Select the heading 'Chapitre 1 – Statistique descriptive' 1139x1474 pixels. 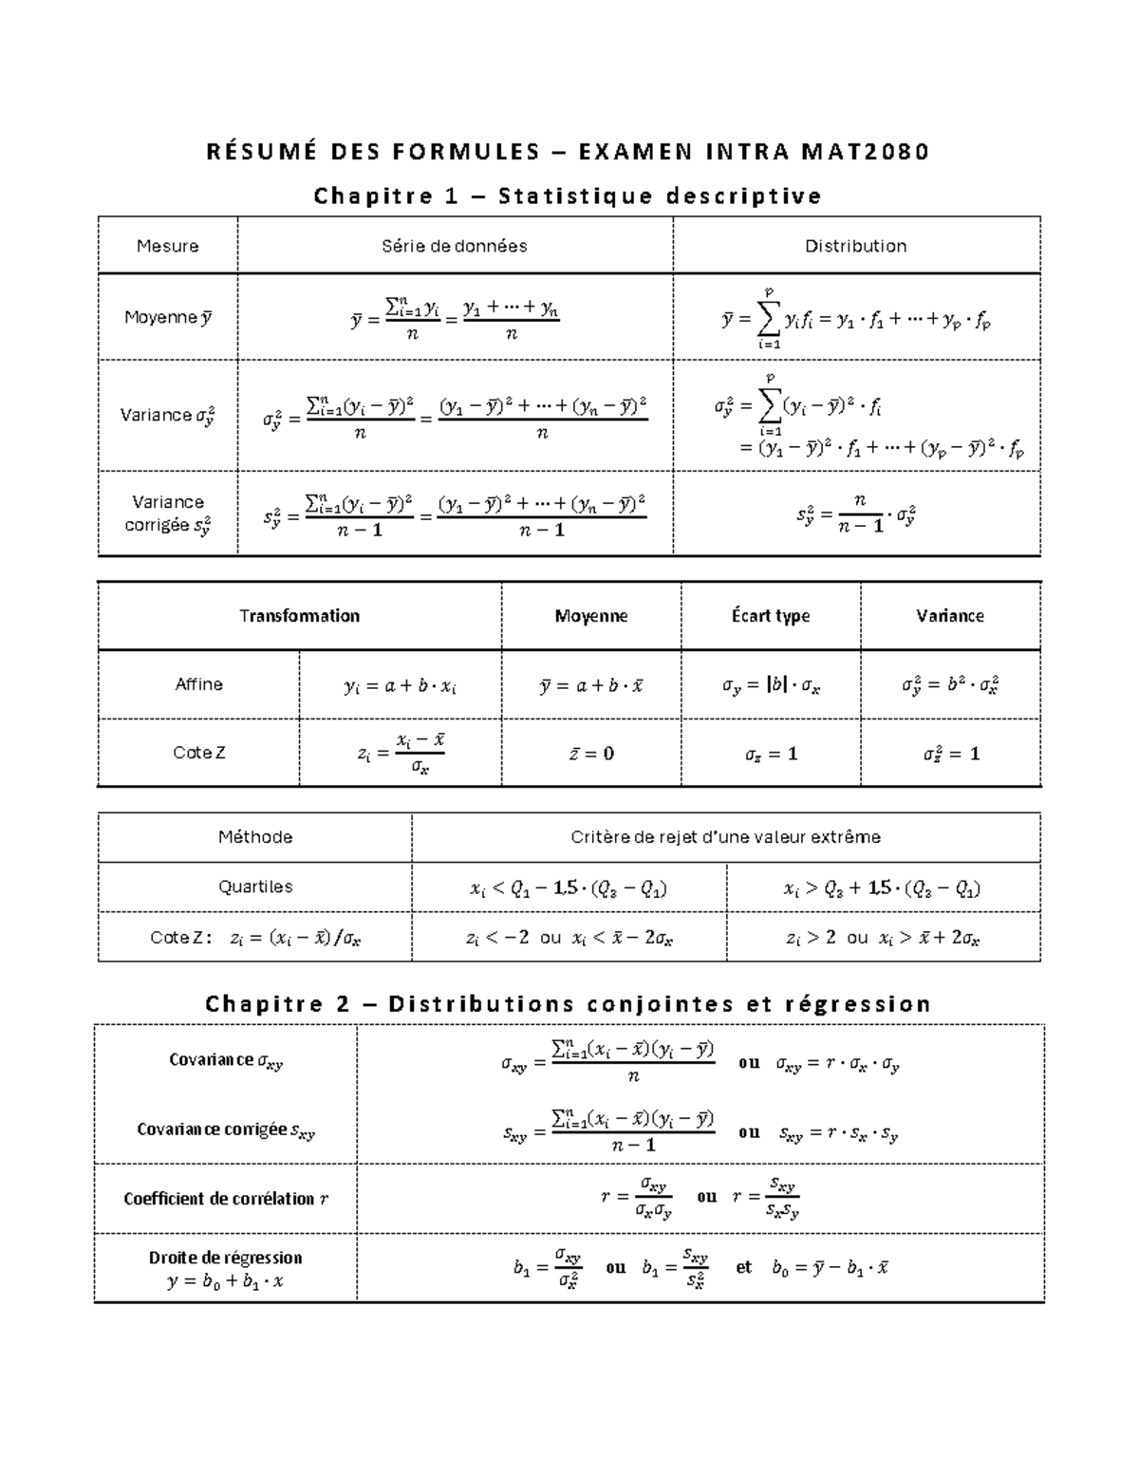coord(568,196)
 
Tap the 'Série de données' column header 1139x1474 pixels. coord(455,246)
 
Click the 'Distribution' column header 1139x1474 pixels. coord(855,246)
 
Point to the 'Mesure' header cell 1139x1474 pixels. coord(168,246)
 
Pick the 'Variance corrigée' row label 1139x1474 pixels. coord(168,513)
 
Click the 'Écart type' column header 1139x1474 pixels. coord(771,616)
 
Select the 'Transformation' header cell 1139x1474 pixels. coord(299,616)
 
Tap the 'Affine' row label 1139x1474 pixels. coord(198,684)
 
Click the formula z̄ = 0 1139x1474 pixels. coord(590,754)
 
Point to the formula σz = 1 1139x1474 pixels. coord(771,754)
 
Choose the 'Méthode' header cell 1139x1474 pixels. coord(255,837)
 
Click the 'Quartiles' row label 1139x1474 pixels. coord(255,886)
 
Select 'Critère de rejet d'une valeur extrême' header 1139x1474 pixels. coord(725,837)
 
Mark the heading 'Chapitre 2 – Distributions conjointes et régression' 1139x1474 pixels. coord(568,1004)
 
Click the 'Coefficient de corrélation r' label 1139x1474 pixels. coord(226,1199)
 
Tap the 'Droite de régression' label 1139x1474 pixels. coord(226,1258)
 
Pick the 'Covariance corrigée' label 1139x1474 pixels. coord(226,1129)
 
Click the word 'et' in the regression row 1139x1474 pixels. coord(743,1267)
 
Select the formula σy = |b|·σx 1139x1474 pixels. coord(771,685)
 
